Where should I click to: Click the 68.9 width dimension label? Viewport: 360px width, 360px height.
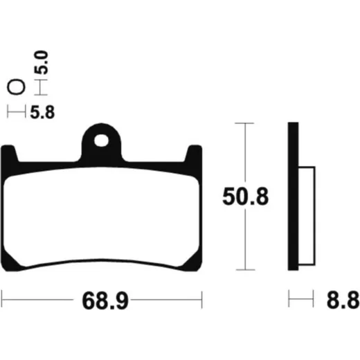(105, 301)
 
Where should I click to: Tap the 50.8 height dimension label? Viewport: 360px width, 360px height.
(246, 197)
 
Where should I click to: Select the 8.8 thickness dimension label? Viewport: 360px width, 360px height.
(343, 300)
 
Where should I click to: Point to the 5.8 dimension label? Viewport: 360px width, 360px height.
(42, 112)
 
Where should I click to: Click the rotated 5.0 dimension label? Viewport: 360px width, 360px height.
(42, 62)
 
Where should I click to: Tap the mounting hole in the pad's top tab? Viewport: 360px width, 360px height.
(101, 141)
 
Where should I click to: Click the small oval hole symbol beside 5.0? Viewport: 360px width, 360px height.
(16, 87)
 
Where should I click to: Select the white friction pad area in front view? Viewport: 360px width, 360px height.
(101, 217)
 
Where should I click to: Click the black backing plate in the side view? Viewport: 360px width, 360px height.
(293, 196)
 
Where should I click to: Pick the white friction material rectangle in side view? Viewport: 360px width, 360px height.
(307, 216)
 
